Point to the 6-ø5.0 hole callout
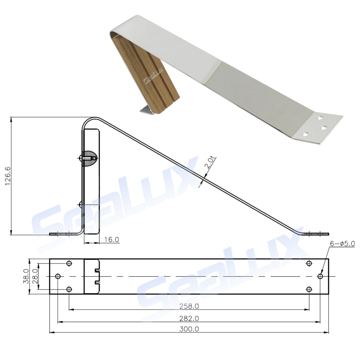point(342,244)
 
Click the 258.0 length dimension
point(189,306)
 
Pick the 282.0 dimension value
point(189,318)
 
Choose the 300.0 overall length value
point(189,329)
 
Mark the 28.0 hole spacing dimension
point(35,276)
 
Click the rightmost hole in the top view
point(320,276)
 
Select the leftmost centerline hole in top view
point(58,276)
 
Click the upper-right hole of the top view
point(309,264)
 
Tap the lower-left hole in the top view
point(69,289)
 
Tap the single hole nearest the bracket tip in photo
point(305,134)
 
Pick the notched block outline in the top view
point(91,276)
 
